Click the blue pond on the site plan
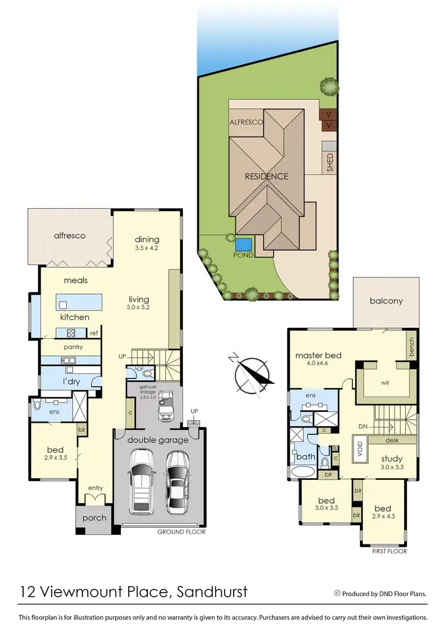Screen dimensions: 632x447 (x=243, y=244)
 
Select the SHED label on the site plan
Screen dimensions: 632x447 (x=330, y=163)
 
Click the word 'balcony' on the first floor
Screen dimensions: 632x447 (x=386, y=301)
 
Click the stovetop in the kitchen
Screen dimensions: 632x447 (x=69, y=333)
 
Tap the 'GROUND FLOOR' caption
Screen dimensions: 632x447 (x=181, y=532)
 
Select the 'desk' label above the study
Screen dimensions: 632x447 (x=392, y=440)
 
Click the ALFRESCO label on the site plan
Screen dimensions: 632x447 (x=246, y=122)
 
